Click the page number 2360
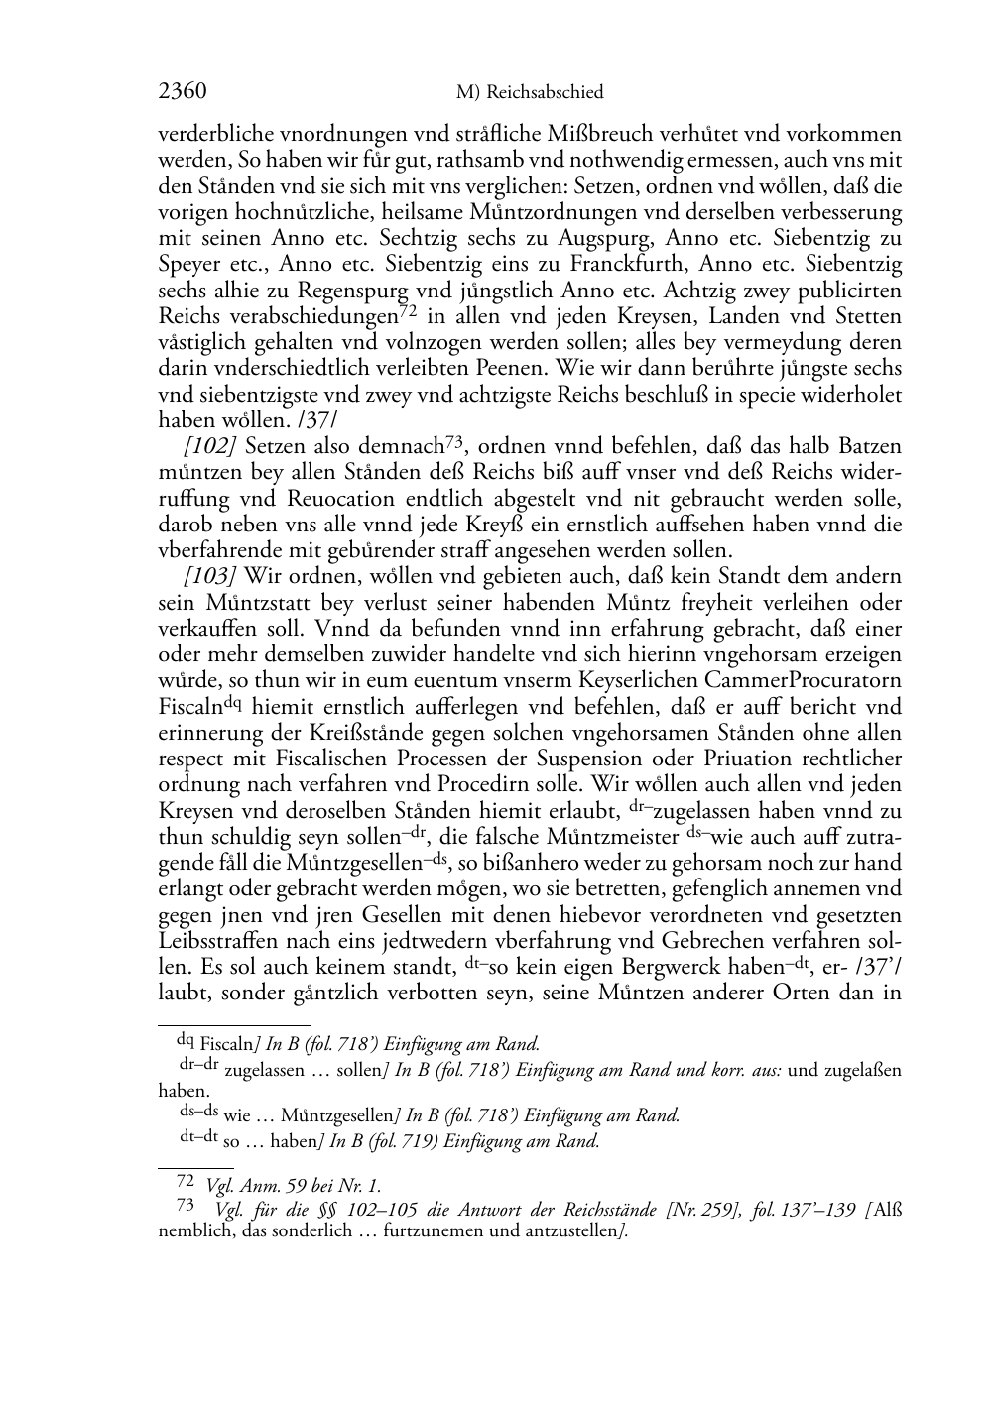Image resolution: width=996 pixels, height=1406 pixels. pyautogui.click(x=183, y=92)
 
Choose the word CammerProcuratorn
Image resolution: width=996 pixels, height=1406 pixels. pyautogui.click(x=803, y=680)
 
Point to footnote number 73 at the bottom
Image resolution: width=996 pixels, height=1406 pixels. pyautogui.click(x=186, y=1207)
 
